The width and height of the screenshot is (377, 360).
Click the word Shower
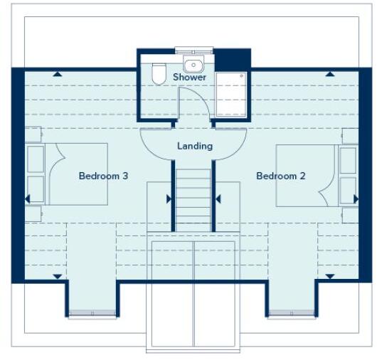[189, 77]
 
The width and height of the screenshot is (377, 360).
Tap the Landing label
[194, 146]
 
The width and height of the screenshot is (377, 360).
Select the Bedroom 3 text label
[103, 176]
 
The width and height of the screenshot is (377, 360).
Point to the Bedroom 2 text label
[281, 176]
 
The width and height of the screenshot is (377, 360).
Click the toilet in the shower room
[158, 73]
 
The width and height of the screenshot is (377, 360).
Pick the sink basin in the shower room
[193, 62]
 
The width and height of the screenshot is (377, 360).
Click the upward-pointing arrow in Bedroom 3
[57, 73]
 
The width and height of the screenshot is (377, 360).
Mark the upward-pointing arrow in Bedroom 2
[330, 73]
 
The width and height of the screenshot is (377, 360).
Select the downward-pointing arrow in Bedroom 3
[57, 275]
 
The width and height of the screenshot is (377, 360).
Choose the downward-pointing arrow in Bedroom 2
[330, 275]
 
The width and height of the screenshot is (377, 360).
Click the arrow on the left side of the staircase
[169, 198]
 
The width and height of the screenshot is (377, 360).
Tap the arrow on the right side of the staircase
[218, 198]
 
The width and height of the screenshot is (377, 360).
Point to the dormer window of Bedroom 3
[92, 315]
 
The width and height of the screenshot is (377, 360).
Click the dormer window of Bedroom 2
[292, 315]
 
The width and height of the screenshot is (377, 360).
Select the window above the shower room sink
[194, 49]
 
